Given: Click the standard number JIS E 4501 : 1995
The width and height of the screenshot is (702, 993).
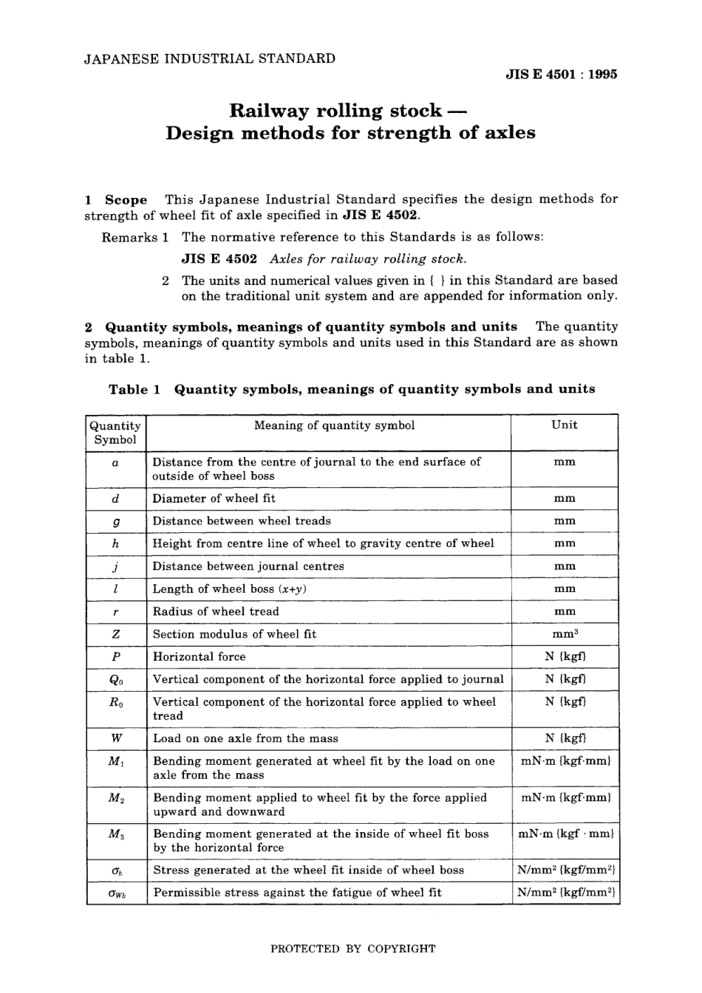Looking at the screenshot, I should (x=561, y=74).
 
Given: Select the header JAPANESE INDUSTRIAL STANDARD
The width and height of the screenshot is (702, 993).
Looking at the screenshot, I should (x=210, y=58).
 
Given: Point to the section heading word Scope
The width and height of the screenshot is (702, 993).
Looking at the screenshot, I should (x=126, y=199).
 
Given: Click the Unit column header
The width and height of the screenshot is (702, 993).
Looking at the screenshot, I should (x=565, y=425).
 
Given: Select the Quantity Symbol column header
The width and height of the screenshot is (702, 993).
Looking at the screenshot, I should (x=115, y=433).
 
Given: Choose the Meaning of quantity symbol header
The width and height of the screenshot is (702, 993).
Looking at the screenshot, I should (x=334, y=425).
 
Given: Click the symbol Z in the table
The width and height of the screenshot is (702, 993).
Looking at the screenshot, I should (x=116, y=634).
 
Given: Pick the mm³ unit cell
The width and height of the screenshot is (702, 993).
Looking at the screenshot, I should (x=565, y=634).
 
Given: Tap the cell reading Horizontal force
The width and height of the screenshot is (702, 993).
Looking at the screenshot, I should (x=199, y=657).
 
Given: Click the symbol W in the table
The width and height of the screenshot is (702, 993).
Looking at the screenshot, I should (x=116, y=738).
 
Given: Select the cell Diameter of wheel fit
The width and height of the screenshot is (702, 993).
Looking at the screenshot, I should (x=214, y=498).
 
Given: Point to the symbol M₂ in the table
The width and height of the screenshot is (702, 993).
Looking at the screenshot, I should (x=116, y=798).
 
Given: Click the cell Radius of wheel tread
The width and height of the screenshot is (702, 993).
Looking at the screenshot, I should (x=216, y=611).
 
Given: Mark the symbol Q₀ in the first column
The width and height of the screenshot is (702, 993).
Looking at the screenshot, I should (x=116, y=680).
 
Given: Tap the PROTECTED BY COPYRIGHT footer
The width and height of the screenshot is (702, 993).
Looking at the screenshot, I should (x=352, y=949).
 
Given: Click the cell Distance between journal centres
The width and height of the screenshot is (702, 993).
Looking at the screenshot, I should (x=248, y=566).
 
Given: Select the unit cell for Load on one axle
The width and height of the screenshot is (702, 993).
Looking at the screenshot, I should (x=565, y=738).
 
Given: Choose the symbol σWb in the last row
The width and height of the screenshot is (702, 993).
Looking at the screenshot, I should (x=116, y=893).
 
